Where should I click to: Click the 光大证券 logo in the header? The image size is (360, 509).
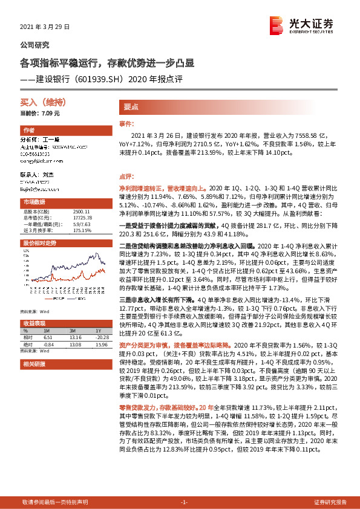pyautogui.click(x=301, y=25)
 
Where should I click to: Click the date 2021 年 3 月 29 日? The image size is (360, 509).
pyautogui.click(x=45, y=27)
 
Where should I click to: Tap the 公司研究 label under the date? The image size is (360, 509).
pyautogui.click(x=35, y=45)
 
